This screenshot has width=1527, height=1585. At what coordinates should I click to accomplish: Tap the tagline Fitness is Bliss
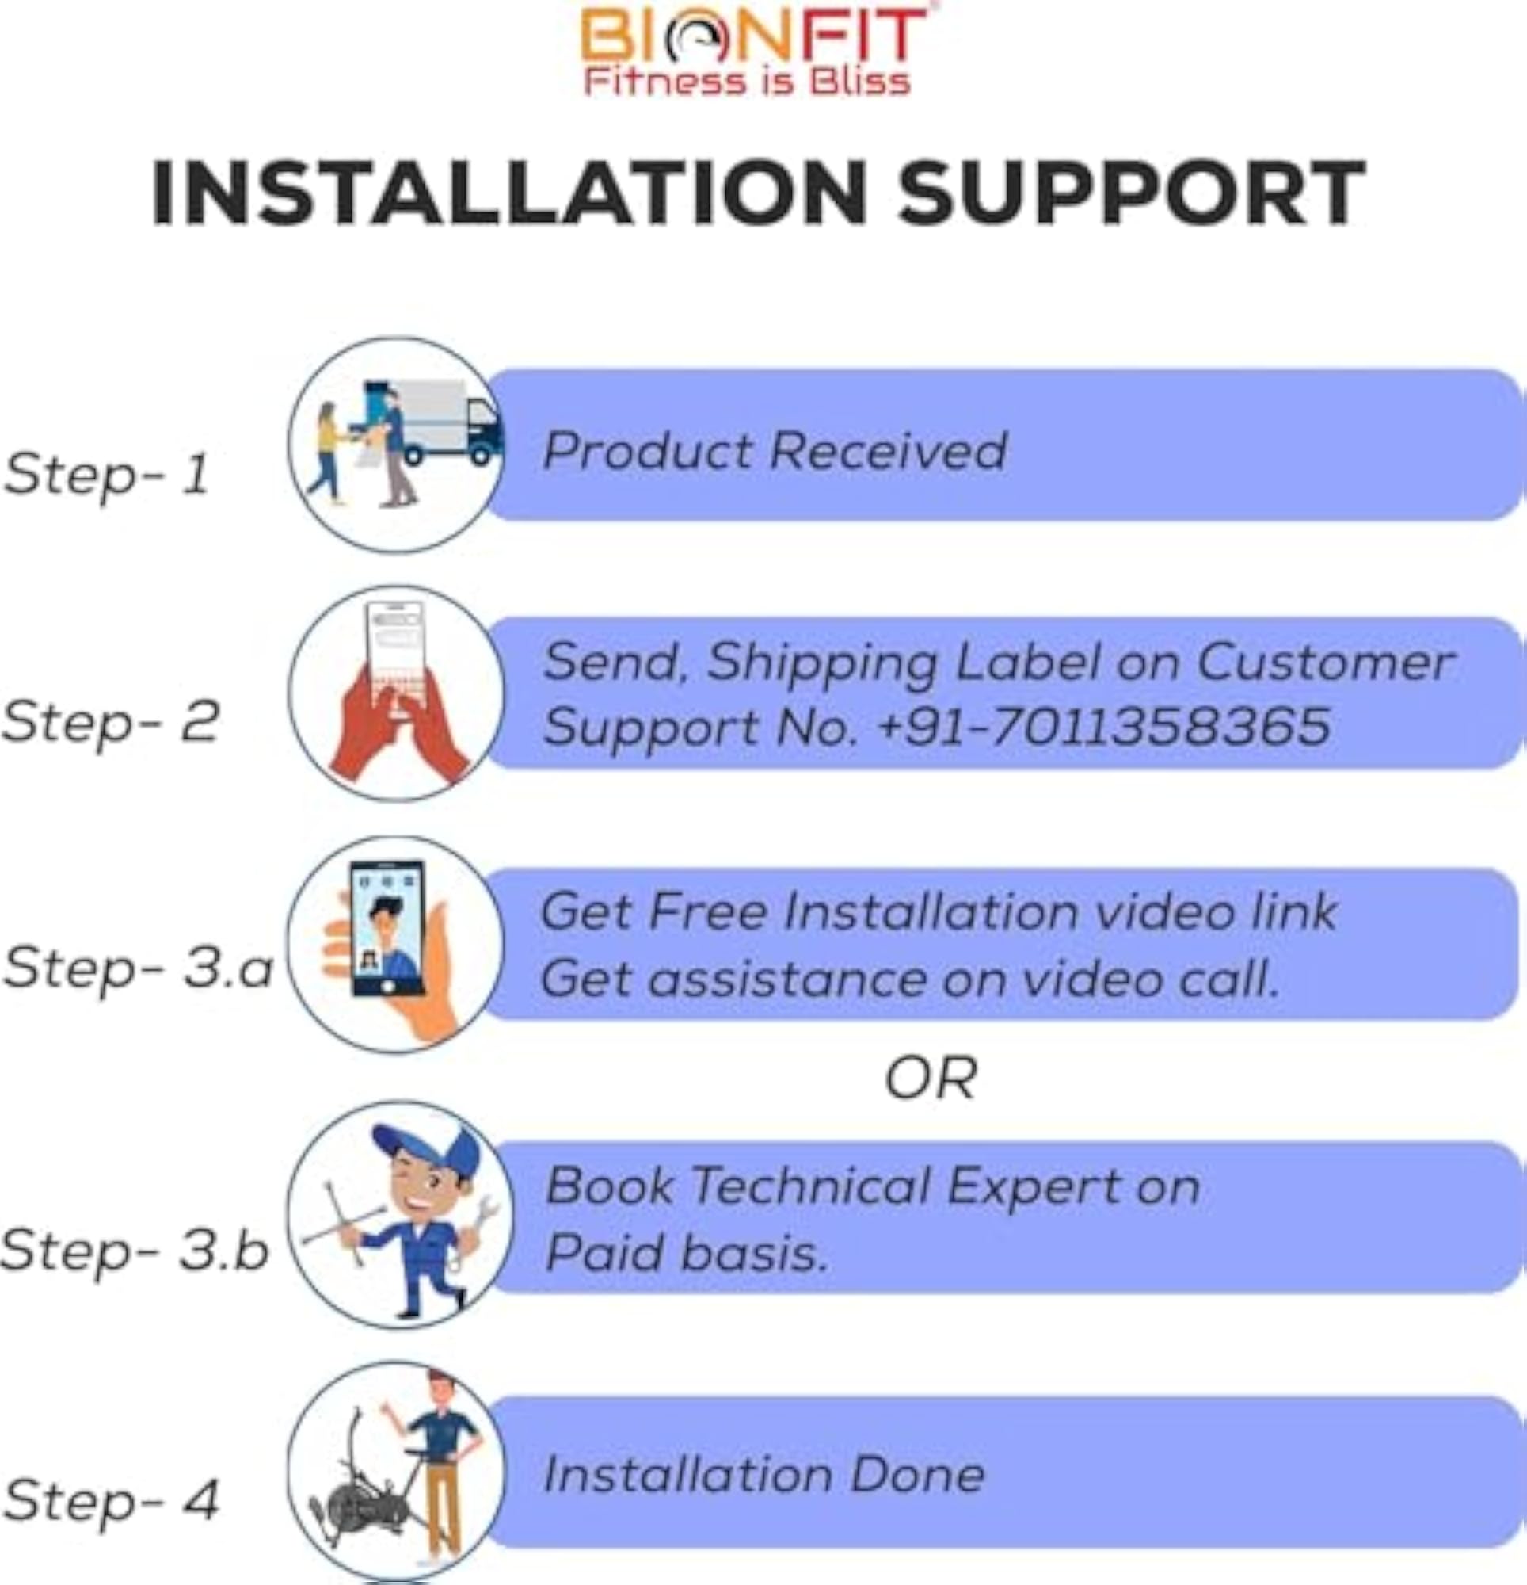[747, 82]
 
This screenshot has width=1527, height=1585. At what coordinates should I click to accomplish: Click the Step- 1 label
[107, 475]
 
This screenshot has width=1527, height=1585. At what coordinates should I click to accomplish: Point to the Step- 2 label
[110, 722]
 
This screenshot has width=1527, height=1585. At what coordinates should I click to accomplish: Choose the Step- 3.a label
[138, 968]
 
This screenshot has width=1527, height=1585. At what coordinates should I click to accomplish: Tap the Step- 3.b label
[134, 1250]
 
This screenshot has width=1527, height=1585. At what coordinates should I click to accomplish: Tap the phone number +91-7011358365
[1103, 724]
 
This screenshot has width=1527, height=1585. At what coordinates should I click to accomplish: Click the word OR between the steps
[931, 1079]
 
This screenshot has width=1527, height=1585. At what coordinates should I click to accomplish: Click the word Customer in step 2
[1325, 663]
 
